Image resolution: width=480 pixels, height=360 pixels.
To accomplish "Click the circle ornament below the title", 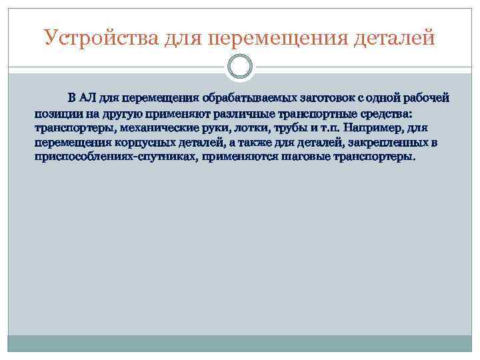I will click(x=240, y=67).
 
